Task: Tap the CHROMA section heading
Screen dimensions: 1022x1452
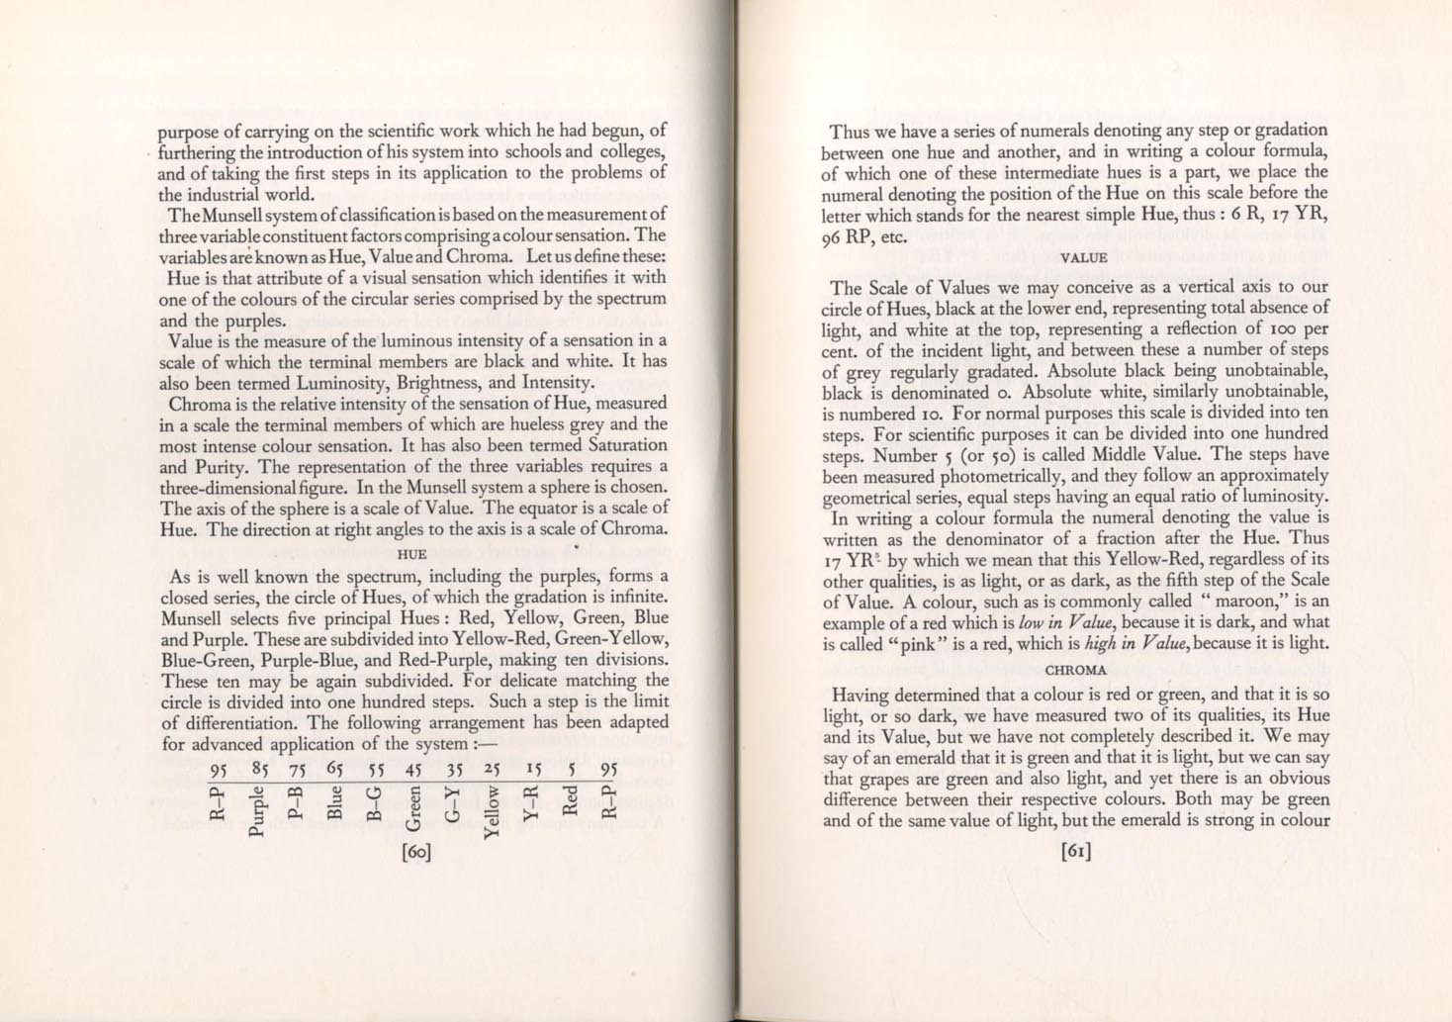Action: (x=1075, y=670)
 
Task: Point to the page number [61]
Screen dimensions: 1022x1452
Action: (x=1075, y=851)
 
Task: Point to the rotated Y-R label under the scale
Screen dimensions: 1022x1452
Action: (x=530, y=802)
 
